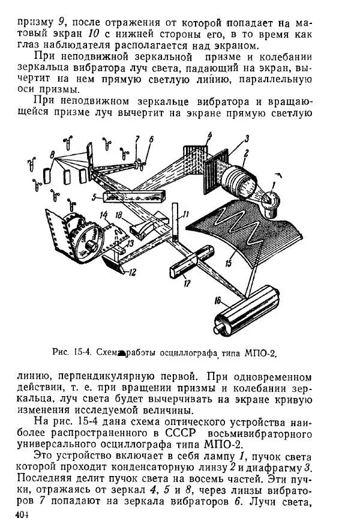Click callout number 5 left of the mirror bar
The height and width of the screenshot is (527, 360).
click(94, 196)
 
